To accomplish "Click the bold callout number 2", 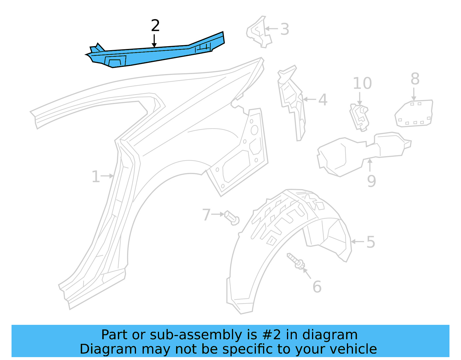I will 155,26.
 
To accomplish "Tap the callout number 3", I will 285,29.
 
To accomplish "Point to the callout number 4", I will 323,100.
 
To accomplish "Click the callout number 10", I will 362,84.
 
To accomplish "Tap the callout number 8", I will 415,79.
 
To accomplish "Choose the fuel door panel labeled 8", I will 414,113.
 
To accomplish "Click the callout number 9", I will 371,181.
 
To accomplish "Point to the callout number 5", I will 371,242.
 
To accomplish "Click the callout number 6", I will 317,287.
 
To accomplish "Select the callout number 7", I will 206,215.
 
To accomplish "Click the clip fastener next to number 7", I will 232,218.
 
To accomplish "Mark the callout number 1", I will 96,177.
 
